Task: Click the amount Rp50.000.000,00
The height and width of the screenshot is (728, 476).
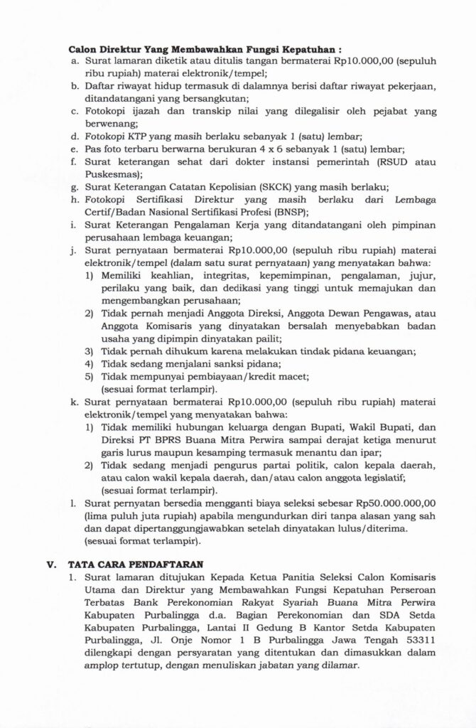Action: (416, 502)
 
